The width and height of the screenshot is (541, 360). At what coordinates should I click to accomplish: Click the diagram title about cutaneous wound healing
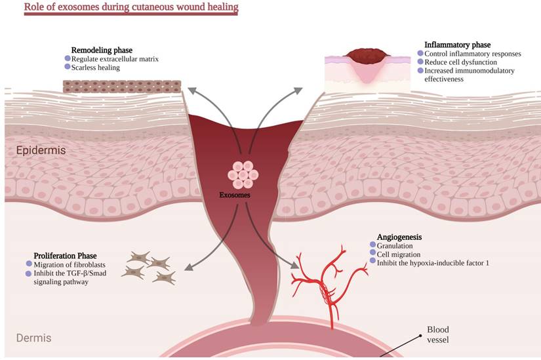pos(122,9)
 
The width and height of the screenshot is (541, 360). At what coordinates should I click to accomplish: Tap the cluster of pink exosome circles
pos(243,174)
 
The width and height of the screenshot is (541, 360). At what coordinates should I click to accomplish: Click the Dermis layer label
pos(33,338)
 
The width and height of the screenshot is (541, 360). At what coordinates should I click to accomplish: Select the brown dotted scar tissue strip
pos(122,86)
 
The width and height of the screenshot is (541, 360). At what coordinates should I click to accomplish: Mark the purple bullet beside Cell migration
pos(372,253)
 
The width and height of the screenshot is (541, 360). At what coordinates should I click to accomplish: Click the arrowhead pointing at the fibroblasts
pos(188,268)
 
